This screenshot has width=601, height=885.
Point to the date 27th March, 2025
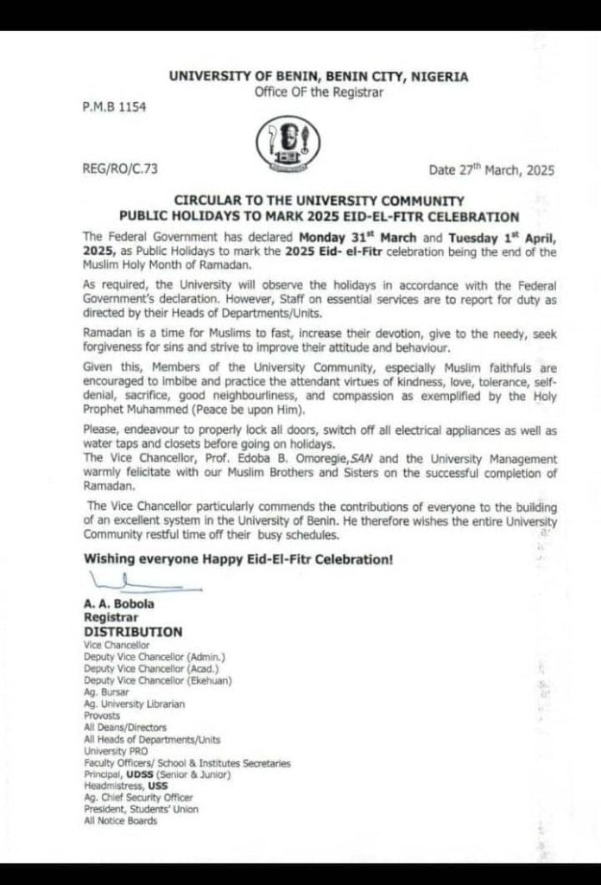click(491, 169)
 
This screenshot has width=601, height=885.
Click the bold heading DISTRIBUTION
click(133, 632)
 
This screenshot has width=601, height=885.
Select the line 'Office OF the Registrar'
click(318, 92)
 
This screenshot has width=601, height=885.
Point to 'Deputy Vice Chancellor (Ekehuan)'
click(158, 681)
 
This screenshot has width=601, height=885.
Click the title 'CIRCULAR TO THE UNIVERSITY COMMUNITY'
click(319, 201)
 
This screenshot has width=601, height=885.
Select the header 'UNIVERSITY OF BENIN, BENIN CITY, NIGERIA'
click(319, 77)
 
